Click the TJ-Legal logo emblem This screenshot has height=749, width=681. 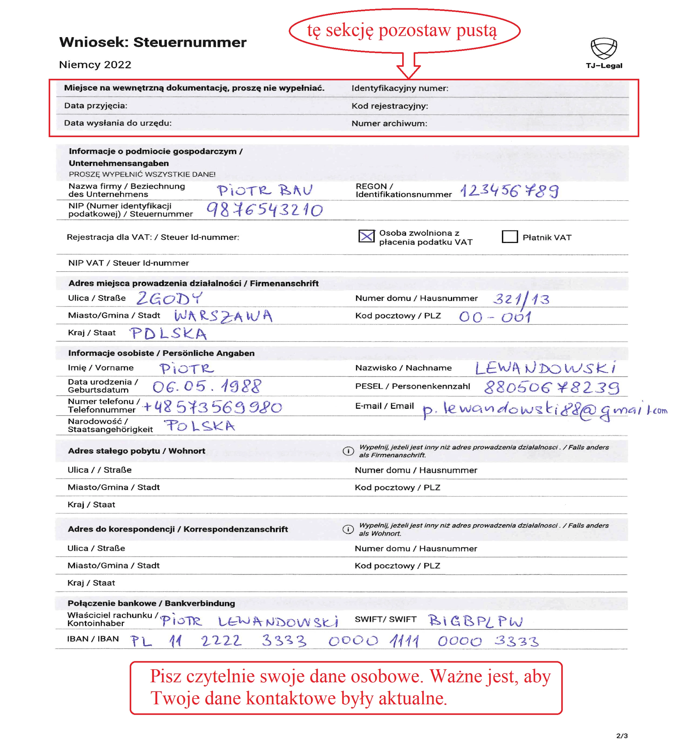pyautogui.click(x=603, y=48)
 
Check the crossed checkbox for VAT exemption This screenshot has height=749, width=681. pyautogui.click(x=366, y=236)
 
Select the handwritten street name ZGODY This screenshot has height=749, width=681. pyautogui.click(x=169, y=298)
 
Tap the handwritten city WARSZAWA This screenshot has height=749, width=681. pyautogui.click(x=223, y=316)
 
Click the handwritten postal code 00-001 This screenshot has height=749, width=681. pyautogui.click(x=495, y=317)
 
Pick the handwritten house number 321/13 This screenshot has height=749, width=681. pyautogui.click(x=521, y=299)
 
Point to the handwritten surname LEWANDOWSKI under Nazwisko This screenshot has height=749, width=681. pyautogui.click(x=545, y=368)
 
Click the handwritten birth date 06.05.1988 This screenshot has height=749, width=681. pyautogui.click(x=207, y=387)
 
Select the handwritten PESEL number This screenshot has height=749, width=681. pyautogui.click(x=552, y=387)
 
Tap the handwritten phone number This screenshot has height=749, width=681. pyautogui.click(x=212, y=407)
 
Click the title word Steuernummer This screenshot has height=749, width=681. pyautogui.click(x=190, y=42)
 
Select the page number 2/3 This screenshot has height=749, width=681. pyautogui.click(x=621, y=735)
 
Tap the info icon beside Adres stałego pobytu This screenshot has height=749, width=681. pyautogui.click(x=348, y=451)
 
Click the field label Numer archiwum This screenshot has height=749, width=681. pyautogui.click(x=389, y=123)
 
